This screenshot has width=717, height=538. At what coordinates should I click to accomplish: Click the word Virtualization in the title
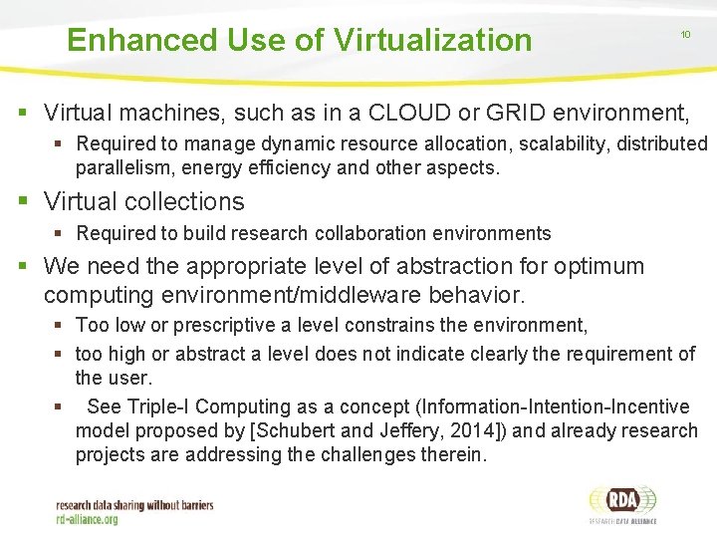coord(433,40)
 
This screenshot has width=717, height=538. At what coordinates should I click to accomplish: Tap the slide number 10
coord(685,35)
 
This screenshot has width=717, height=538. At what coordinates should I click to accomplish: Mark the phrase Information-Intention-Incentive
coord(554,406)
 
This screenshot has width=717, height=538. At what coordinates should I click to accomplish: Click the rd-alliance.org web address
coord(87,519)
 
